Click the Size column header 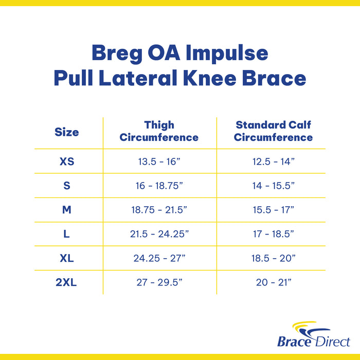67,132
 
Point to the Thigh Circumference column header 159,131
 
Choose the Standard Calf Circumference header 273,131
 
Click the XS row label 67,161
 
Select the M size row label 67,209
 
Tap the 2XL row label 67,282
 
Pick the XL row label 67,258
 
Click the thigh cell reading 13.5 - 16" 159,161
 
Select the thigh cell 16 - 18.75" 159,186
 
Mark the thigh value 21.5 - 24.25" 159,233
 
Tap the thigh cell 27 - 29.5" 159,282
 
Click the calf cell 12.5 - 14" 273,161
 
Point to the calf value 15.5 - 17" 273,209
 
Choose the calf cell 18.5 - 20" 273,258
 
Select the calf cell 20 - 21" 273,282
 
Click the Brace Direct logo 313,335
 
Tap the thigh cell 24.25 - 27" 159,258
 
